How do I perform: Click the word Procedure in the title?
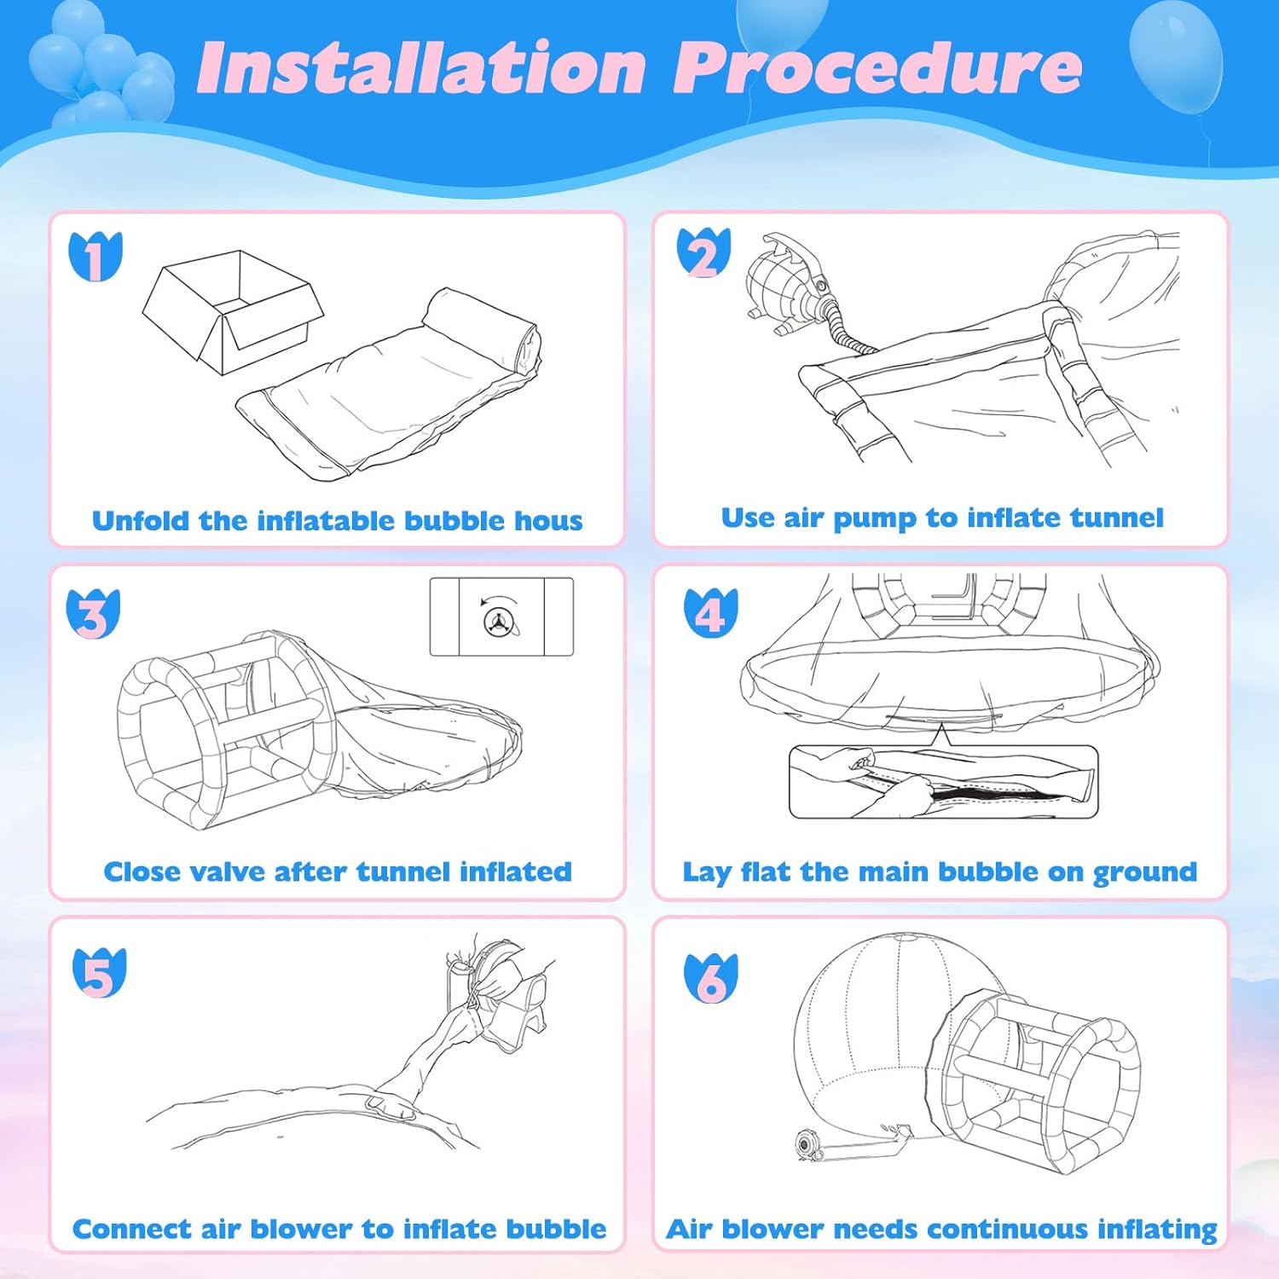tap(877, 67)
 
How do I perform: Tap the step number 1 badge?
tap(95, 256)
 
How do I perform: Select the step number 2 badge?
tap(703, 252)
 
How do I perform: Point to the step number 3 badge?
tap(93, 614)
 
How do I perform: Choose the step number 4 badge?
tap(710, 613)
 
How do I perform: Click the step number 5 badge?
tap(99, 973)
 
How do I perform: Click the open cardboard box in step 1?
tap(232, 311)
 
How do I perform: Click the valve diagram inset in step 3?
tap(501, 616)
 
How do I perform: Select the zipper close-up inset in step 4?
tap(943, 782)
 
